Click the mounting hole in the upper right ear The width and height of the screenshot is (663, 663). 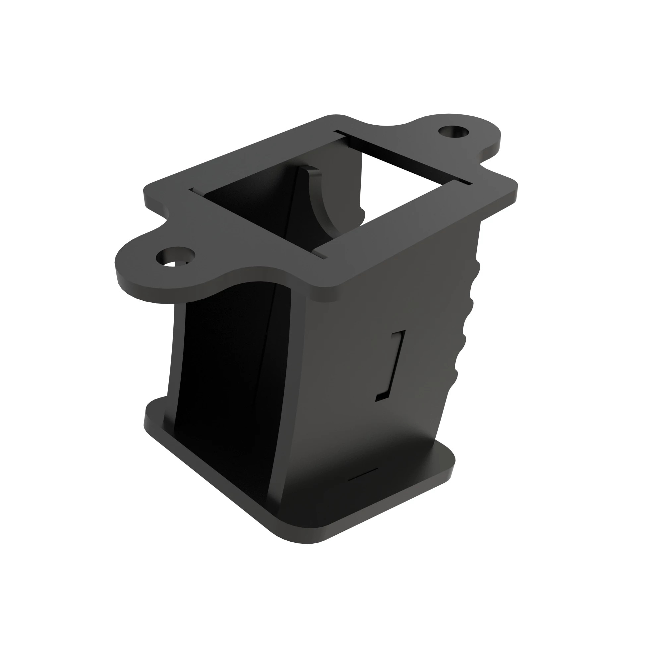pos(454,132)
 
